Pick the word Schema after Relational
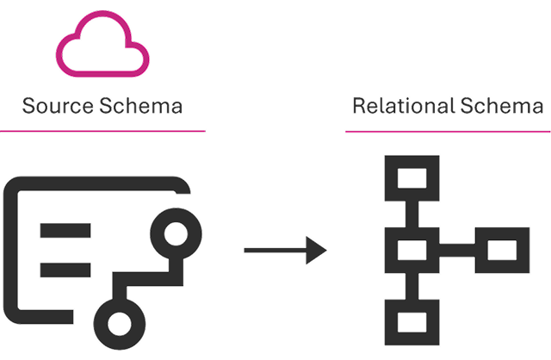tap(505, 107)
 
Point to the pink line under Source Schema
tap(102, 131)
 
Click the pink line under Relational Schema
tap(448, 132)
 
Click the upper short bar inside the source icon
tap(66, 230)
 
